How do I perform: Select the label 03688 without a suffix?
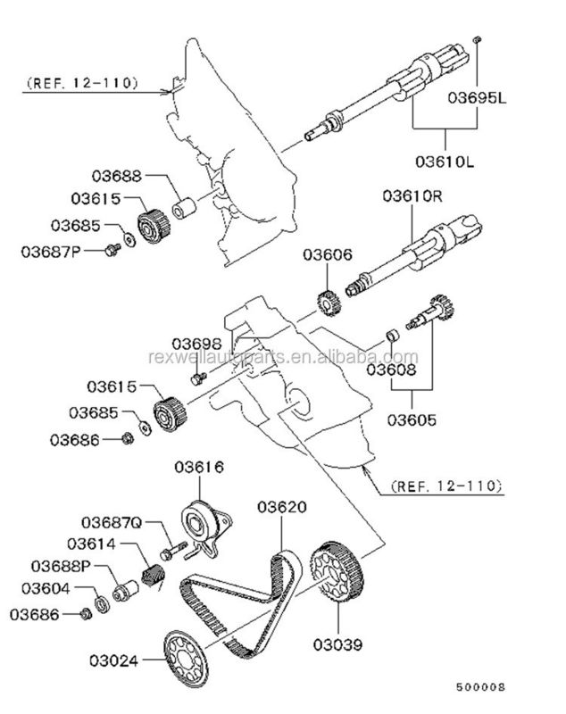click(118, 175)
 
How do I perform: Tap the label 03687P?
click(51, 251)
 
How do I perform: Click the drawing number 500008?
click(480, 687)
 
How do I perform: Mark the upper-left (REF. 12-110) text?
click(83, 83)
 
